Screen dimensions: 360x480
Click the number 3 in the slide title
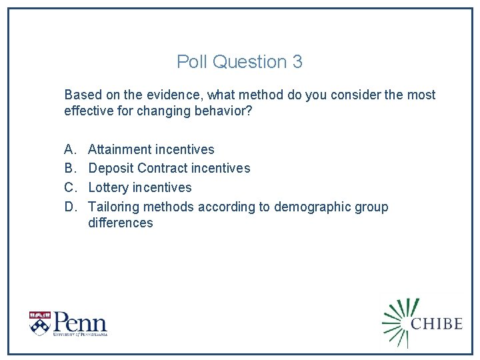297,62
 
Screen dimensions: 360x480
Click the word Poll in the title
191,62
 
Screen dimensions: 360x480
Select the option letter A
69,149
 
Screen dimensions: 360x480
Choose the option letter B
69,169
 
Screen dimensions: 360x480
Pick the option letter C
69,188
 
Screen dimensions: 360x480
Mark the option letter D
69,207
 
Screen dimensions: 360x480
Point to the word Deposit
111,169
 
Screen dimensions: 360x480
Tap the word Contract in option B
162,169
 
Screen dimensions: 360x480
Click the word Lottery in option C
108,188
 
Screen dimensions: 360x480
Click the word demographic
311,207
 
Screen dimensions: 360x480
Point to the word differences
120,223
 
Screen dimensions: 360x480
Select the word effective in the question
89,111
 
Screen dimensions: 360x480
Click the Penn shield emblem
39,323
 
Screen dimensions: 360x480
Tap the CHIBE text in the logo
437,323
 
